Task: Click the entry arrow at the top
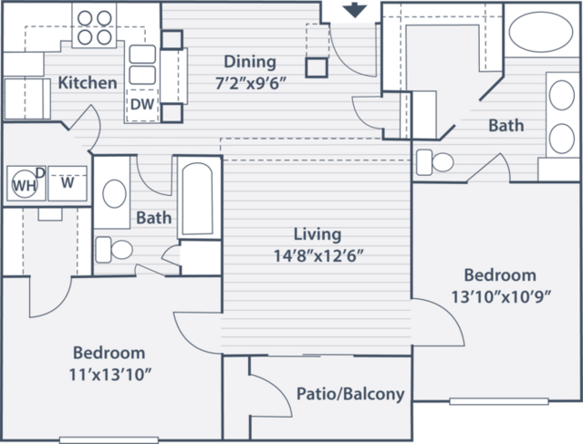coord(355,10)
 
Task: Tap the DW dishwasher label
coord(142,105)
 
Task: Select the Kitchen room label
coord(88,82)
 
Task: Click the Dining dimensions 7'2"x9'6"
coord(251,84)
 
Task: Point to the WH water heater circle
coord(25,183)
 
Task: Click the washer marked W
coord(68,183)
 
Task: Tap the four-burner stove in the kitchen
coord(94,26)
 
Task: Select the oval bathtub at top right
coord(541,32)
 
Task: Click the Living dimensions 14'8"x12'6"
coord(318,255)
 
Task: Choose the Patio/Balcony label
coord(350,394)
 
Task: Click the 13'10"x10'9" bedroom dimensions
coord(501,296)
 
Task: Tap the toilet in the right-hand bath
coord(434,162)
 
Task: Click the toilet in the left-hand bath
coord(114,249)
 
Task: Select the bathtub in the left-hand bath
coord(198,199)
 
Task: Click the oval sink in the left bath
coord(114,193)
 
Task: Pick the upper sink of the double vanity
coord(561,95)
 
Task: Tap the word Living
coord(318,234)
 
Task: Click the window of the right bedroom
coord(499,401)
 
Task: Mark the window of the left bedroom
coord(109,440)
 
